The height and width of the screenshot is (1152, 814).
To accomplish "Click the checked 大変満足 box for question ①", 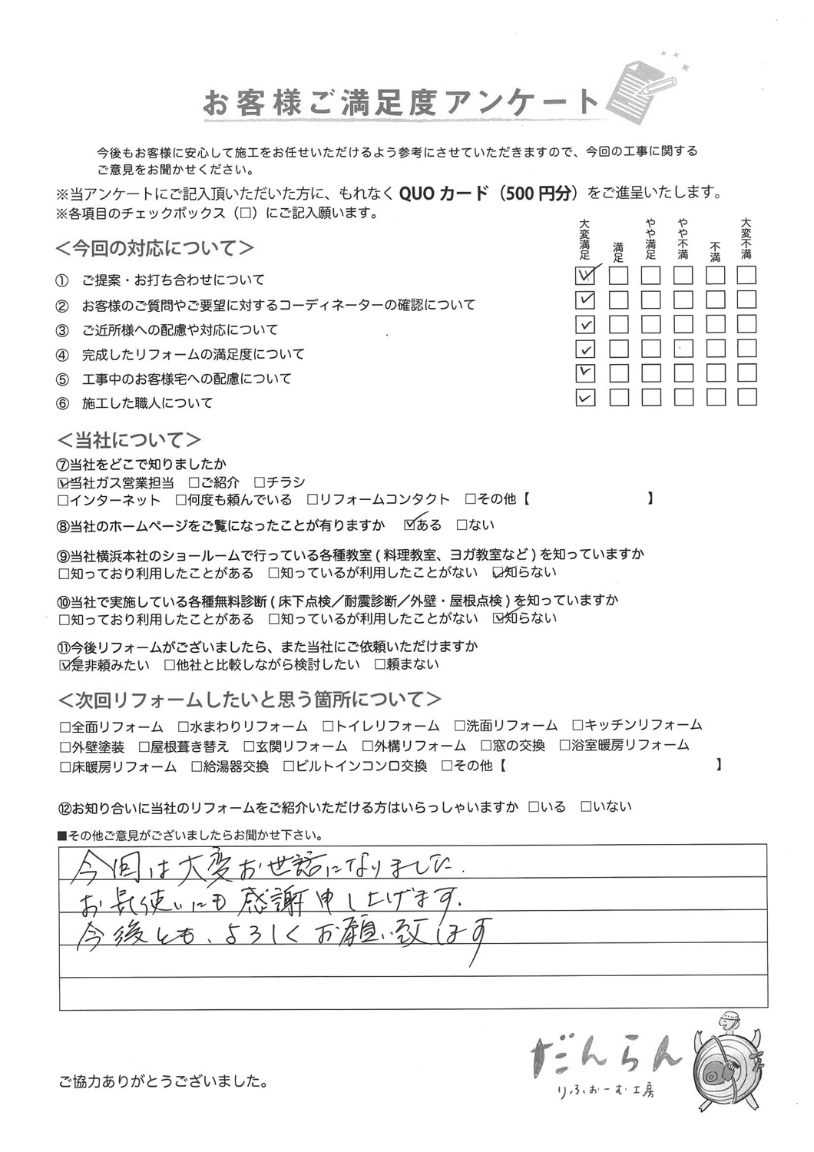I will pyautogui.click(x=585, y=275).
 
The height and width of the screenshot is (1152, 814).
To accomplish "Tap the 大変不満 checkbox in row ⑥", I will pyautogui.click(x=746, y=398).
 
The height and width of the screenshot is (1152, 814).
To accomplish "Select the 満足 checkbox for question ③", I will pyautogui.click(x=618, y=324).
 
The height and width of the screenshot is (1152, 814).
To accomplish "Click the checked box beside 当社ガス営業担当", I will pyautogui.click(x=64, y=483).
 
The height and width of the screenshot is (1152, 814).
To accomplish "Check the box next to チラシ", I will pyautogui.click(x=260, y=483).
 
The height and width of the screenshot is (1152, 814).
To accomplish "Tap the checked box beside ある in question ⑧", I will pyautogui.click(x=409, y=525).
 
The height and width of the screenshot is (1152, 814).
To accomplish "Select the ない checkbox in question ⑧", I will pyautogui.click(x=462, y=525).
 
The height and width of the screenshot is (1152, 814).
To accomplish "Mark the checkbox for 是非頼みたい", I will pyautogui.click(x=64, y=665).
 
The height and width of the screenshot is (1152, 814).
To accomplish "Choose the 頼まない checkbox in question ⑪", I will pyautogui.click(x=379, y=665).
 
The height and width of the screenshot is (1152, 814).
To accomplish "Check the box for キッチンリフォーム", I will pyautogui.click(x=577, y=726).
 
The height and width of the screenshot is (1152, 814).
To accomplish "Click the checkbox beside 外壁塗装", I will pyautogui.click(x=64, y=746).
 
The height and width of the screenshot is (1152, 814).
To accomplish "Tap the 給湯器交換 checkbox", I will pyautogui.click(x=197, y=766).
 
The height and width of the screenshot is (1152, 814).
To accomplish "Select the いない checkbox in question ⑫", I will pyautogui.click(x=586, y=807).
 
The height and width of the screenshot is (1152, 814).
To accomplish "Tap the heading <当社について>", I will pyautogui.click(x=130, y=440).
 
